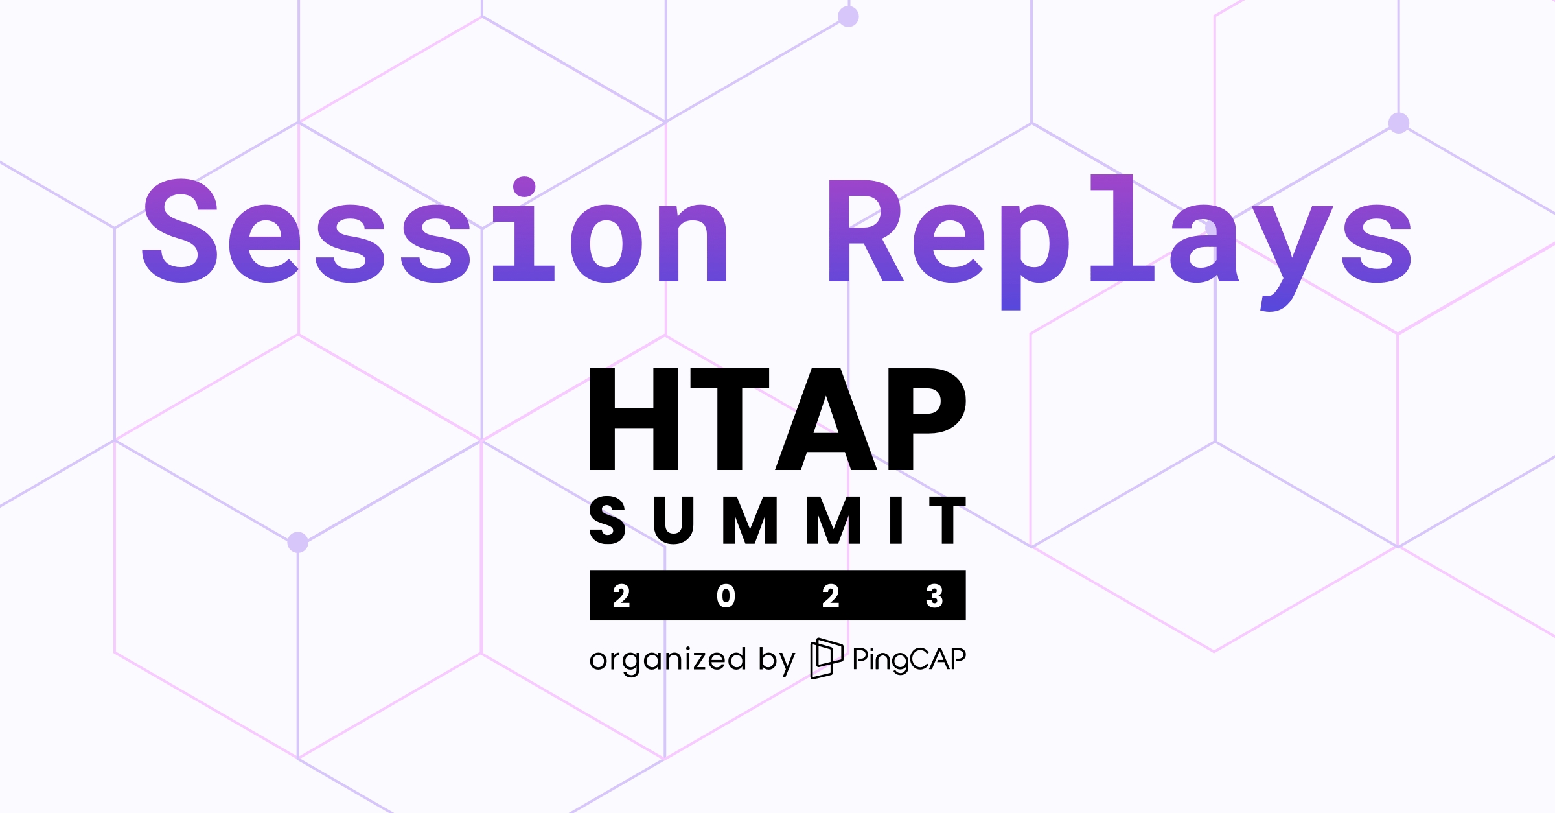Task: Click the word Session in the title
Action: [434, 233]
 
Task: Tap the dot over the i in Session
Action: [524, 186]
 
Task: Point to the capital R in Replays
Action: [865, 231]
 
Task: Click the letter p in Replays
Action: [1034, 253]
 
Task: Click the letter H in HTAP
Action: [633, 419]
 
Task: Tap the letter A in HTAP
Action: [826, 419]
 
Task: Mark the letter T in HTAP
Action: [730, 419]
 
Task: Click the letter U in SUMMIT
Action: [673, 520]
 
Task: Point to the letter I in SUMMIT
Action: [896, 520]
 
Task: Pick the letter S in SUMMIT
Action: [607, 520]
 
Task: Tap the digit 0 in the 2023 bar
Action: [726, 596]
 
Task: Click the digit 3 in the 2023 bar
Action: [934, 596]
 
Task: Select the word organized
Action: [667, 661]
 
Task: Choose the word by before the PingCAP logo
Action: [776, 661]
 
